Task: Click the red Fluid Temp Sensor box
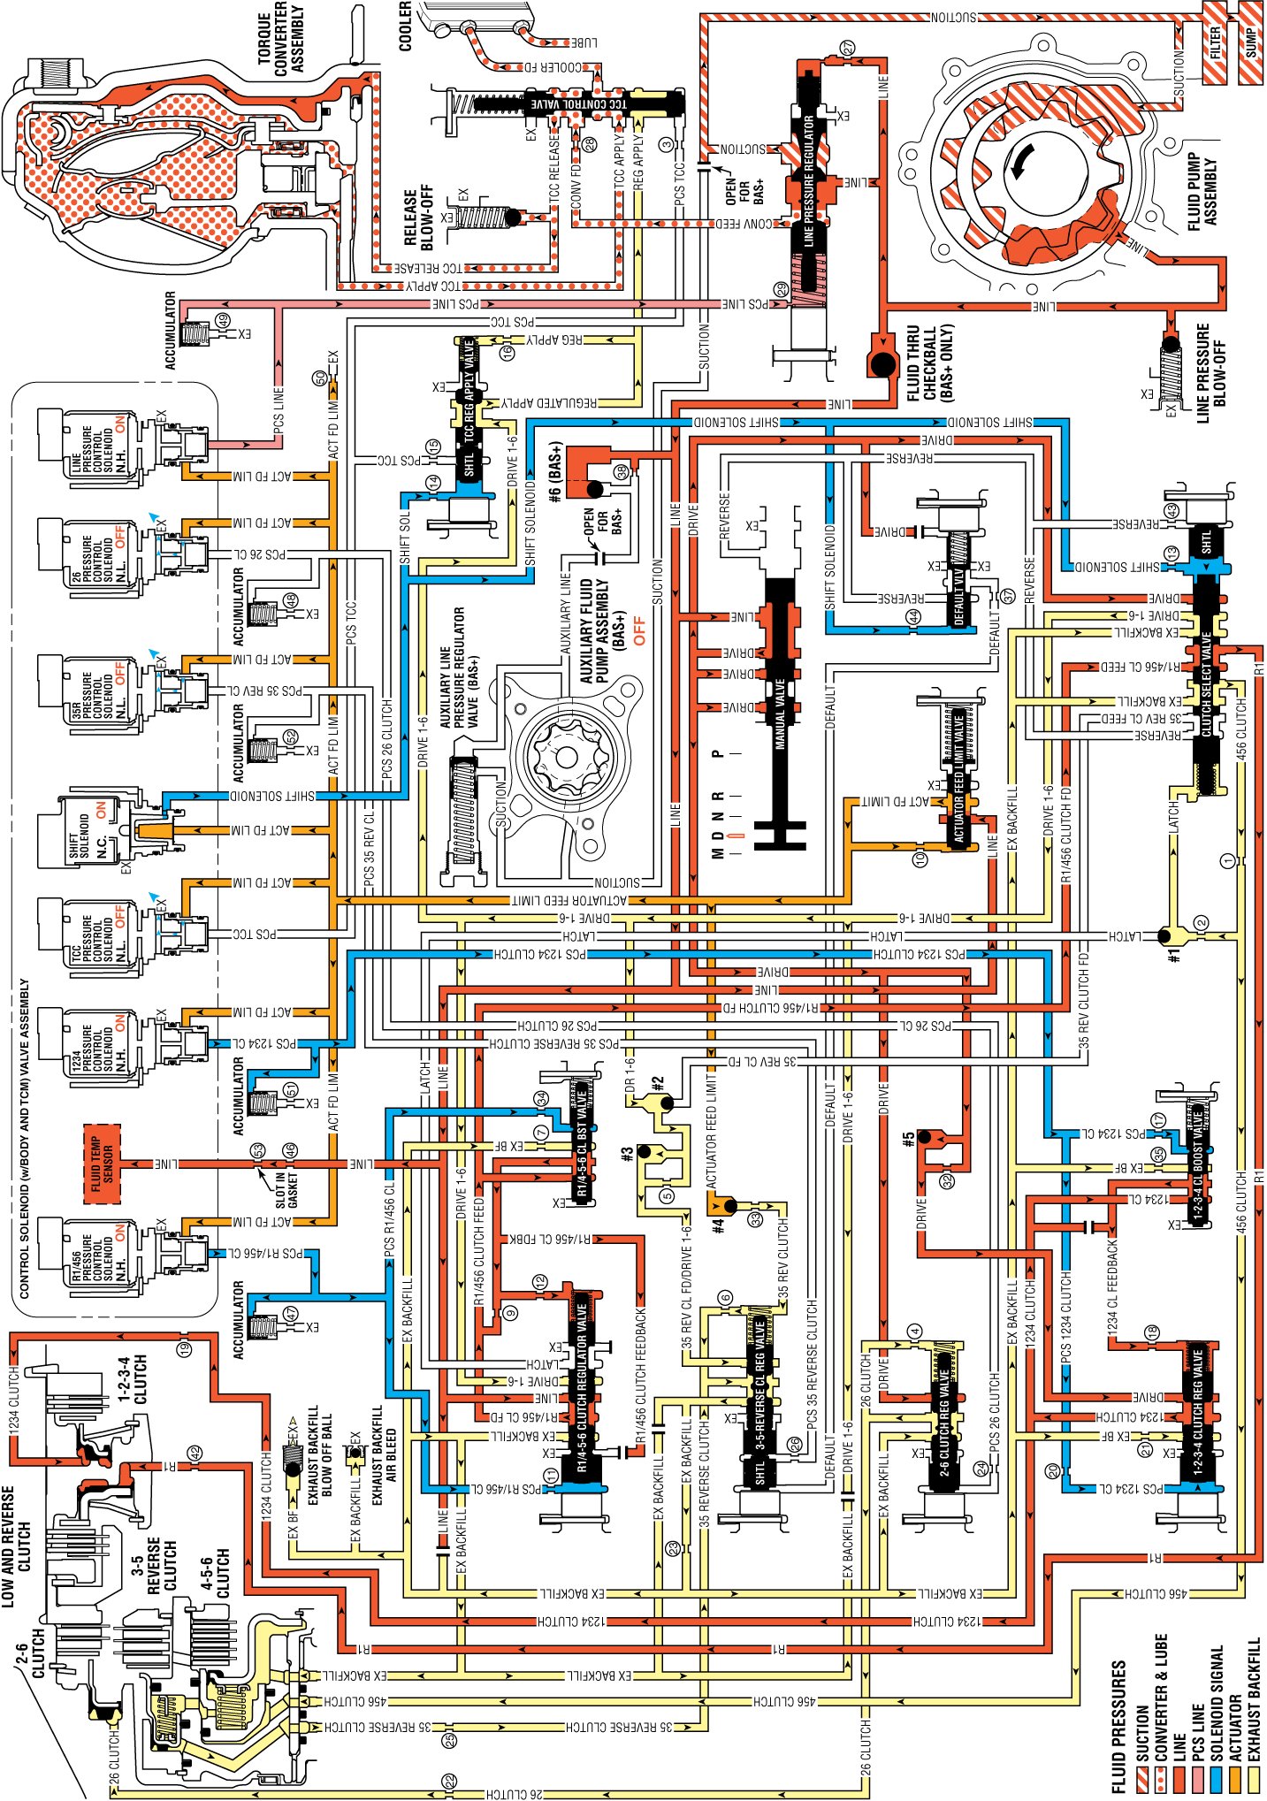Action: click(103, 1163)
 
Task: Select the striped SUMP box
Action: click(1251, 42)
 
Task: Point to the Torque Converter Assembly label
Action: click(281, 39)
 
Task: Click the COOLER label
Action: click(405, 26)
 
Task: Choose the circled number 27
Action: click(848, 48)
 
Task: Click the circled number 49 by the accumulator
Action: click(223, 321)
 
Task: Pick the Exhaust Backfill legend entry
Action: click(1254, 1715)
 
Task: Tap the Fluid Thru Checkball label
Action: click(928, 363)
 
